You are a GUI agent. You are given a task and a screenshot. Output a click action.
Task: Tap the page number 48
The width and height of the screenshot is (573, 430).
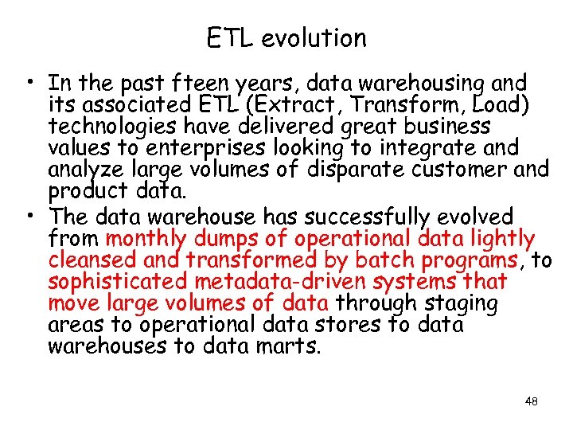pos(531,401)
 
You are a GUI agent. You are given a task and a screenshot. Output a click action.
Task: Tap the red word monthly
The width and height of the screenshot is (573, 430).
pos(146,239)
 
